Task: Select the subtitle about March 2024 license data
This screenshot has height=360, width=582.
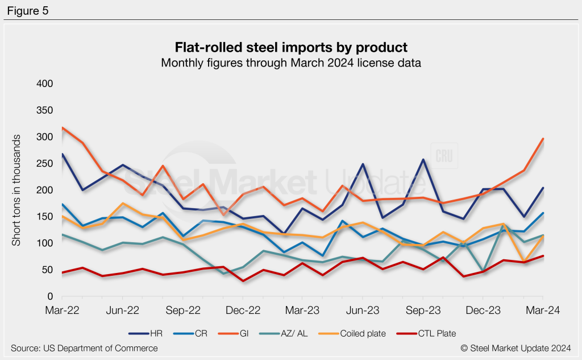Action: click(x=290, y=63)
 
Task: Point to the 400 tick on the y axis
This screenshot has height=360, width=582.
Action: click(x=45, y=84)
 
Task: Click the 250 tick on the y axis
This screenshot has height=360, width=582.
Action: click(x=45, y=164)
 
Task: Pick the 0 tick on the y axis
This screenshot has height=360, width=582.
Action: click(x=49, y=297)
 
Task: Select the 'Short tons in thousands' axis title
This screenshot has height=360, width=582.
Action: click(x=17, y=191)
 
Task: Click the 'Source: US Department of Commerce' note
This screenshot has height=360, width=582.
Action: click(x=84, y=348)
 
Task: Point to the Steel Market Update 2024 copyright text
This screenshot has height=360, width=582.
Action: click(x=516, y=348)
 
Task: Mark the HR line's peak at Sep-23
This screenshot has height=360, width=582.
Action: click(x=423, y=160)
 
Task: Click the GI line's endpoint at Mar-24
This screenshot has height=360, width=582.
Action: click(x=543, y=139)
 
